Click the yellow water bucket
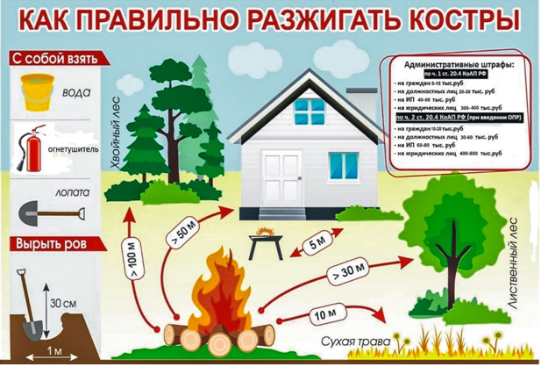[37, 90]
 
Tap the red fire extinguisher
[31, 145]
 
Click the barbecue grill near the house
[263, 240]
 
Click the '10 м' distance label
[326, 313]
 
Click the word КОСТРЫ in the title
[457, 19]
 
